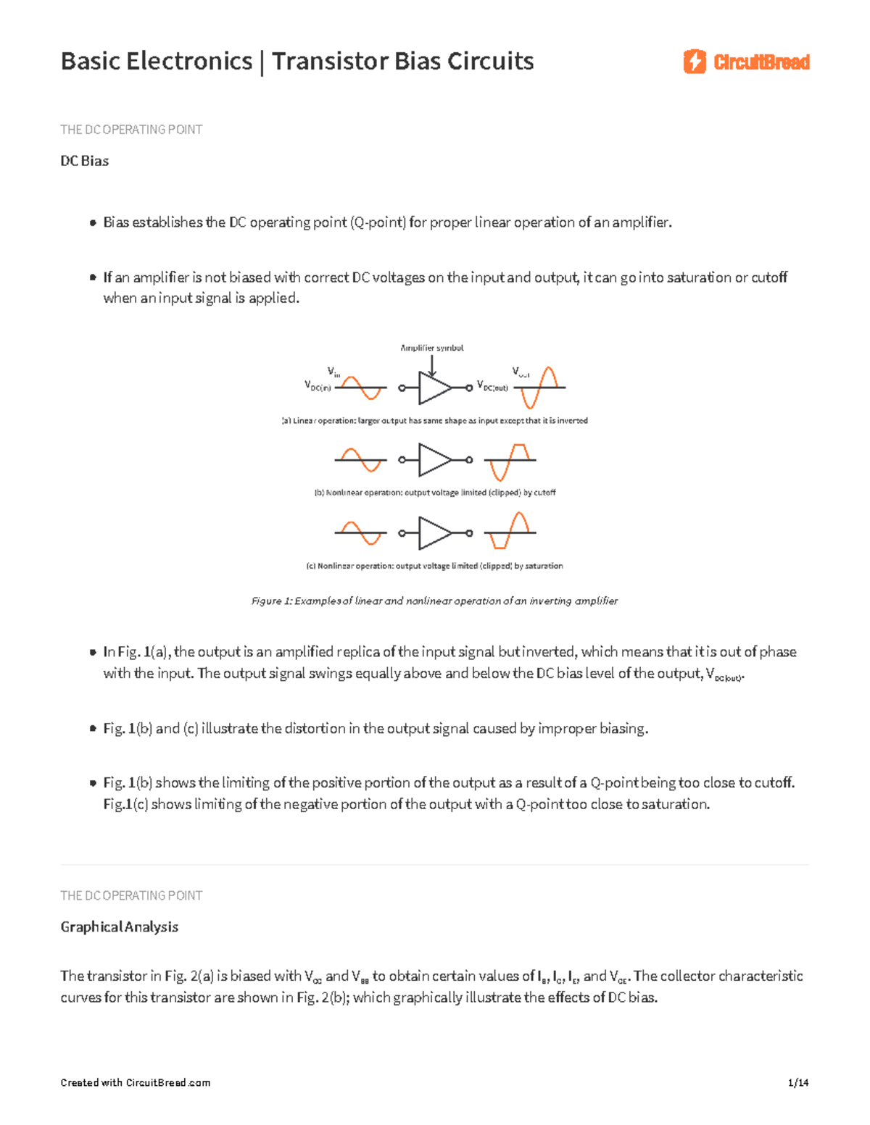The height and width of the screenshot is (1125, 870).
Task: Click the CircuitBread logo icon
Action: click(x=694, y=62)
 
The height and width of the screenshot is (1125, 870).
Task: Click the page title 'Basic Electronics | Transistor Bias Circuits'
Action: click(x=297, y=61)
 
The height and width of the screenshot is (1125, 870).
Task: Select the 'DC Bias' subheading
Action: click(x=85, y=161)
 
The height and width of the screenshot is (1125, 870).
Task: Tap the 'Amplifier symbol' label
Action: click(x=432, y=348)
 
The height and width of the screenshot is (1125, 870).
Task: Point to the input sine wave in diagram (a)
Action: click(x=360, y=388)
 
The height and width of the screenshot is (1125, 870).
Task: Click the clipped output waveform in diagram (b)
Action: click(x=510, y=461)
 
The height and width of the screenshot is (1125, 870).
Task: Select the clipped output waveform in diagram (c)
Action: click(x=510, y=531)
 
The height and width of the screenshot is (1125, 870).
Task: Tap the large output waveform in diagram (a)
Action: click(x=539, y=388)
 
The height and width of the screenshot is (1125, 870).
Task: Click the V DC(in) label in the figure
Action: click(x=318, y=386)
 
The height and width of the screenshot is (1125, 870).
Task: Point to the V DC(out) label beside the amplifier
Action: click(x=492, y=386)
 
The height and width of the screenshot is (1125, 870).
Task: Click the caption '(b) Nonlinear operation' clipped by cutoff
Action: click(x=434, y=493)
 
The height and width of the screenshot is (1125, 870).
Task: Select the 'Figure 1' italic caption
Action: click(x=434, y=601)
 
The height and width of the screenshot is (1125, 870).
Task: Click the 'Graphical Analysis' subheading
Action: click(x=120, y=927)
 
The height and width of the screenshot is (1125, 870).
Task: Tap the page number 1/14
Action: click(x=797, y=1083)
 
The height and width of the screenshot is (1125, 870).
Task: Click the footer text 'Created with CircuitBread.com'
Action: click(x=136, y=1083)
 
